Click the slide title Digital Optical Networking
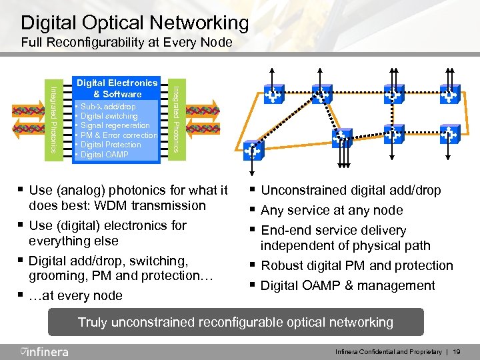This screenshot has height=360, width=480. tap(135, 23)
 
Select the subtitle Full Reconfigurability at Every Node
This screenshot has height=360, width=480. tap(127, 43)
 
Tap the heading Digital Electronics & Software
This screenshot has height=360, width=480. tap(117, 89)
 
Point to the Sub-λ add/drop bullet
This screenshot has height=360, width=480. tap(109, 107)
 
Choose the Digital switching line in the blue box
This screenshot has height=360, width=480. tap(111, 116)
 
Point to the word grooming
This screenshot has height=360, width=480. tap(57, 276)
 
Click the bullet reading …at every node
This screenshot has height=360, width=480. tap(75, 295)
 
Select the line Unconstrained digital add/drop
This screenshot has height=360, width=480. tap(351, 191)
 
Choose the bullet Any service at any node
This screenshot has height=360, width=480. tap(332, 211)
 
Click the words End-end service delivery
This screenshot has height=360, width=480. tap(333, 231)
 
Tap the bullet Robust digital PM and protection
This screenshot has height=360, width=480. tap(357, 266)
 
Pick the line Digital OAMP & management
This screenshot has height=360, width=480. tap(348, 286)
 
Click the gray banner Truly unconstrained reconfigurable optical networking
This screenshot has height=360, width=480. tap(235, 323)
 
